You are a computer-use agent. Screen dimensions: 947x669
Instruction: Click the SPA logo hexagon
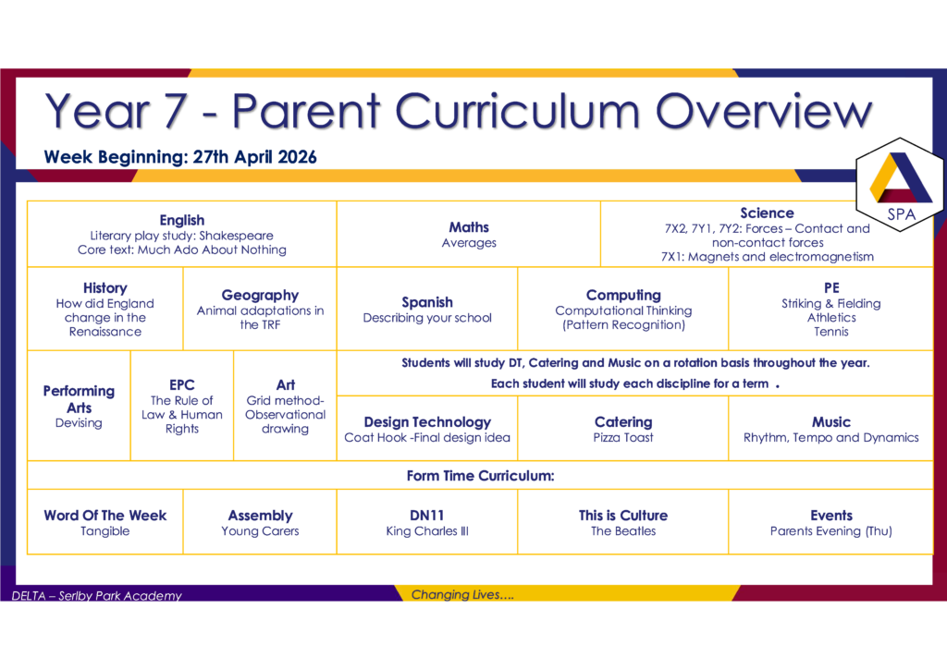(x=899, y=185)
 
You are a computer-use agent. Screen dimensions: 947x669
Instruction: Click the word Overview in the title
(x=764, y=111)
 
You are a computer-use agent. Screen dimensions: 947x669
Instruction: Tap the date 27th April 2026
(x=255, y=157)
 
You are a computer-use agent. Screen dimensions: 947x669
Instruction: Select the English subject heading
(x=182, y=220)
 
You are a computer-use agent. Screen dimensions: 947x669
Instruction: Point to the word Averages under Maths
(x=469, y=242)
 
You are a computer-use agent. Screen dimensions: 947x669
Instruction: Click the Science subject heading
(x=767, y=213)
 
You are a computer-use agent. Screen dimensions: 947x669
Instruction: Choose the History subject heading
(x=105, y=287)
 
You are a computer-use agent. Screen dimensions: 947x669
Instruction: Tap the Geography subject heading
(x=260, y=295)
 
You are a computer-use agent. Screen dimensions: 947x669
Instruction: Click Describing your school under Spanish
(x=427, y=318)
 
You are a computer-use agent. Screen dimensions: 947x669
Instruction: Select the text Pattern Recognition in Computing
(x=624, y=324)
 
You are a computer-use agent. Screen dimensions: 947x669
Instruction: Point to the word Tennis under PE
(x=831, y=331)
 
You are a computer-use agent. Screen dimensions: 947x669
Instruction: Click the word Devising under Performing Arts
(x=79, y=423)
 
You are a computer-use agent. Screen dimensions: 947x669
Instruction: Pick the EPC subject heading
(x=182, y=385)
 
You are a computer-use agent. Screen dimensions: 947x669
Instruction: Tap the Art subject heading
(x=285, y=385)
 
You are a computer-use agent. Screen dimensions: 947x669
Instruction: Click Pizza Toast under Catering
(x=623, y=437)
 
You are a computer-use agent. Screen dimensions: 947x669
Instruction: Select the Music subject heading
(x=831, y=422)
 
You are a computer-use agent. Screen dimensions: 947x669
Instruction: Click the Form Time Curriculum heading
(x=480, y=476)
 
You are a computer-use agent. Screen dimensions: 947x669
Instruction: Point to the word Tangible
(x=105, y=530)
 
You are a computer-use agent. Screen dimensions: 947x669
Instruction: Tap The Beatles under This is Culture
(x=623, y=530)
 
